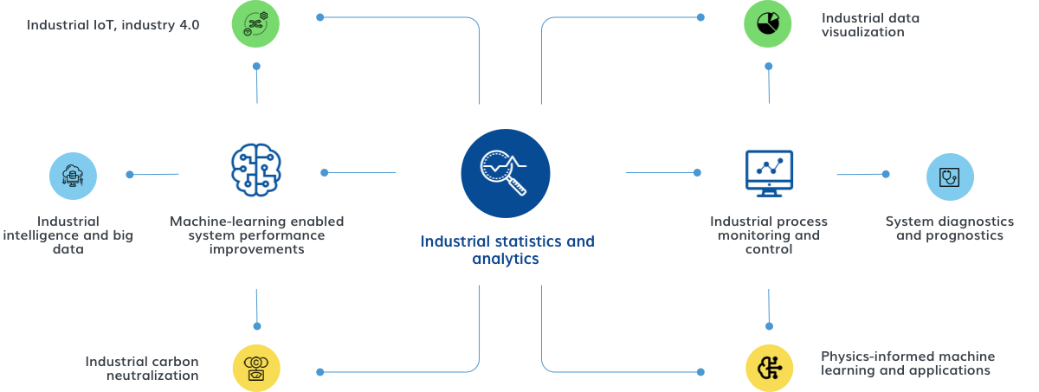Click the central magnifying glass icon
[505, 173]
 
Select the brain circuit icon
[256, 172]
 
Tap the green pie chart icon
[768, 24]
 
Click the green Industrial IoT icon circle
[255, 24]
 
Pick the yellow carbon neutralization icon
[256, 368]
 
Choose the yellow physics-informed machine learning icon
[769, 368]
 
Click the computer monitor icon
[768, 173]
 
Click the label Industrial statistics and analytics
[507, 249]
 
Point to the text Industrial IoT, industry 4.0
[113, 25]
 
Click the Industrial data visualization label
[870, 24]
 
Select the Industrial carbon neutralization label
[142, 368]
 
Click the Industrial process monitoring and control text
[768, 235]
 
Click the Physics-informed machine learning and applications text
[907, 363]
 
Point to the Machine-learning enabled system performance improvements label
[256, 235]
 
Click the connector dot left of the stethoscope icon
[885, 174]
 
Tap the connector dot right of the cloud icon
[130, 175]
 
